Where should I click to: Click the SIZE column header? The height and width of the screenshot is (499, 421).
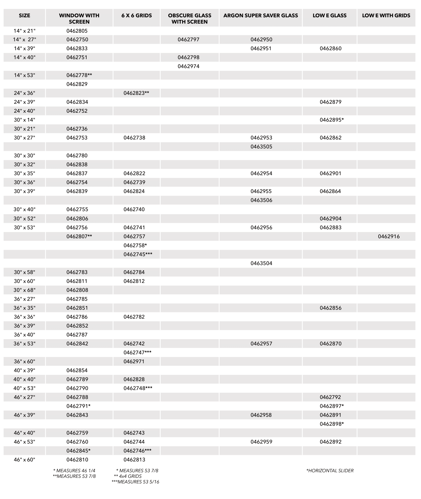[x=24, y=16]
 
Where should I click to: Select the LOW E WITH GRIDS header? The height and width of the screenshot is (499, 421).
[x=386, y=16]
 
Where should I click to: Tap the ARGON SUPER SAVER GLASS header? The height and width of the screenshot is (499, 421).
[x=260, y=16]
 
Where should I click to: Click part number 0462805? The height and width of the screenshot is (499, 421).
[x=77, y=31]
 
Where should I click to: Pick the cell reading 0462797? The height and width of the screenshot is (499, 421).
[x=188, y=40]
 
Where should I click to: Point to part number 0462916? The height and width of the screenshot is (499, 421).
[x=389, y=237]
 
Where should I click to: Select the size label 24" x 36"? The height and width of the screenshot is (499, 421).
[x=25, y=93]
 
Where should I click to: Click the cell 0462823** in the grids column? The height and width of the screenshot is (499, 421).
[x=136, y=93]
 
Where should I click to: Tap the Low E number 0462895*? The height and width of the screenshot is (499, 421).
[x=332, y=120]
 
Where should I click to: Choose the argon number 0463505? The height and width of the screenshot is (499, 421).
[x=261, y=147]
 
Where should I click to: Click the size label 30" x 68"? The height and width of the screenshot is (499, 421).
[x=25, y=290]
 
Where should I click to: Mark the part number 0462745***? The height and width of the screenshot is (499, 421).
[x=138, y=254]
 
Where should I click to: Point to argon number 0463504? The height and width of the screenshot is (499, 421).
[x=261, y=263]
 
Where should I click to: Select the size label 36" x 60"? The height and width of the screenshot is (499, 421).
[x=25, y=361]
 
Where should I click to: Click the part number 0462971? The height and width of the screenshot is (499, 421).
[x=134, y=361]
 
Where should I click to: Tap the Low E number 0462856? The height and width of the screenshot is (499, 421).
[x=331, y=308]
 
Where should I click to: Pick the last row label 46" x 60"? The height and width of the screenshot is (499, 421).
[x=25, y=460]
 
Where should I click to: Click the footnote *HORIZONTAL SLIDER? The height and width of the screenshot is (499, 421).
[x=330, y=471]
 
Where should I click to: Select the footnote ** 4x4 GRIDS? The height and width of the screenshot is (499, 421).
[x=128, y=476]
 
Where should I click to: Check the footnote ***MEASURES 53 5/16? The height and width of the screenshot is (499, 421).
[x=135, y=482]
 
